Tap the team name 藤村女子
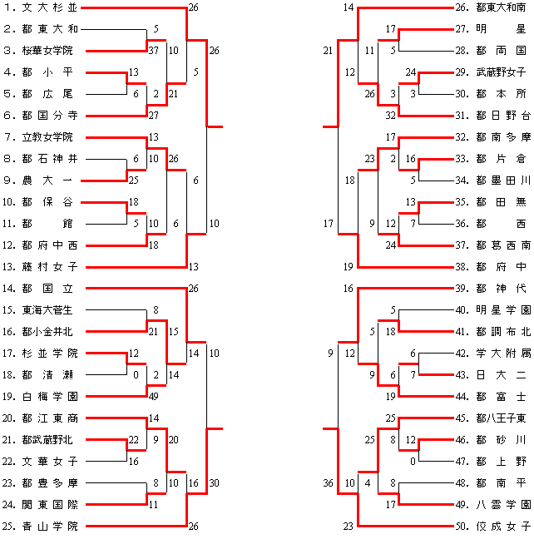coord(50,266)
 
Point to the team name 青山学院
coord(50,526)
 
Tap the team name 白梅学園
coord(50,396)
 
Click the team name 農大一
coord(50,180)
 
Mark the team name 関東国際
coord(50,504)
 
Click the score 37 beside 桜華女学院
coord(153,51)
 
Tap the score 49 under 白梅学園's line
coord(153,396)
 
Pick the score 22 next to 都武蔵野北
coord(133,440)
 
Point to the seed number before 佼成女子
coord(460,526)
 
